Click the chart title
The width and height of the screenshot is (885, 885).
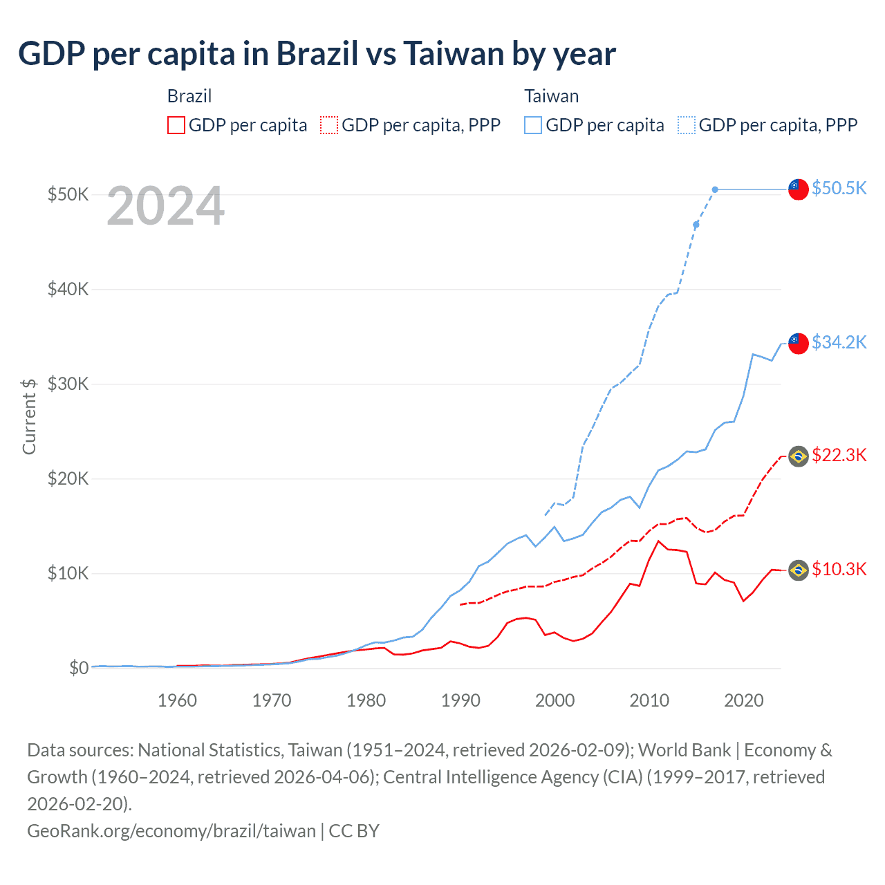pos(317,54)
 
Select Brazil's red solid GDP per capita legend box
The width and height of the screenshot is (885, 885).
pos(176,125)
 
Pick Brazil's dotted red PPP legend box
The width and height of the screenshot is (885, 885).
pos(329,125)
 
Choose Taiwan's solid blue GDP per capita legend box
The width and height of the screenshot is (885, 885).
pos(533,125)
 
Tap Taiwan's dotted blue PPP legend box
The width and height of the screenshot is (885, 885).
pos(687,125)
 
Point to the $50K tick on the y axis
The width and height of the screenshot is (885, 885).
pos(68,194)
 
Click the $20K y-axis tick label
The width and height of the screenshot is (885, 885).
pos(68,478)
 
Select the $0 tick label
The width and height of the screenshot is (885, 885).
pos(79,668)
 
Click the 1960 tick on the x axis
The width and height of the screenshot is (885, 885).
pos(177,700)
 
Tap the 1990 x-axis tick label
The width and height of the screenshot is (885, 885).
pos(460,700)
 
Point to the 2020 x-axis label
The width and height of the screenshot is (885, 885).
pos(743,700)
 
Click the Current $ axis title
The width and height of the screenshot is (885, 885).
pos(29,417)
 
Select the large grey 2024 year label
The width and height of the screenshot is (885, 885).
pos(166,206)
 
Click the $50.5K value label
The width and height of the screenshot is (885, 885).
pos(839,188)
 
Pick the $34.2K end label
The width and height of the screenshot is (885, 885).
pos(839,342)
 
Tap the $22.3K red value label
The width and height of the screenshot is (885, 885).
pos(839,455)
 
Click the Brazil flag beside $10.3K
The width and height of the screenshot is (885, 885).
pos(799,570)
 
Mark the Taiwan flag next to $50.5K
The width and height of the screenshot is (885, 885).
pos(799,189)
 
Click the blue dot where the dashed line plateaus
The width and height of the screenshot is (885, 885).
pos(715,189)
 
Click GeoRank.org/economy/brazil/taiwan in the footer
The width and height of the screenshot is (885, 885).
pos(171,830)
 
